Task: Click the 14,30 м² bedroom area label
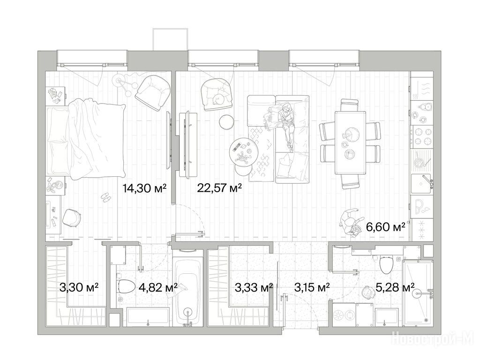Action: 144,187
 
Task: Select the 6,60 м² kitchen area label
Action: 386,227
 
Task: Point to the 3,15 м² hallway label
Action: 312,287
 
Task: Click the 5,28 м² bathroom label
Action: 395,287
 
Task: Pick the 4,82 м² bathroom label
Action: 158,287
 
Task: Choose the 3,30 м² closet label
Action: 79,287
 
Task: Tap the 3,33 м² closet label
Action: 254,287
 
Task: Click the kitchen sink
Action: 422,184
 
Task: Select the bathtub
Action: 187,290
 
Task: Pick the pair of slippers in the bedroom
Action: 105,197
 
